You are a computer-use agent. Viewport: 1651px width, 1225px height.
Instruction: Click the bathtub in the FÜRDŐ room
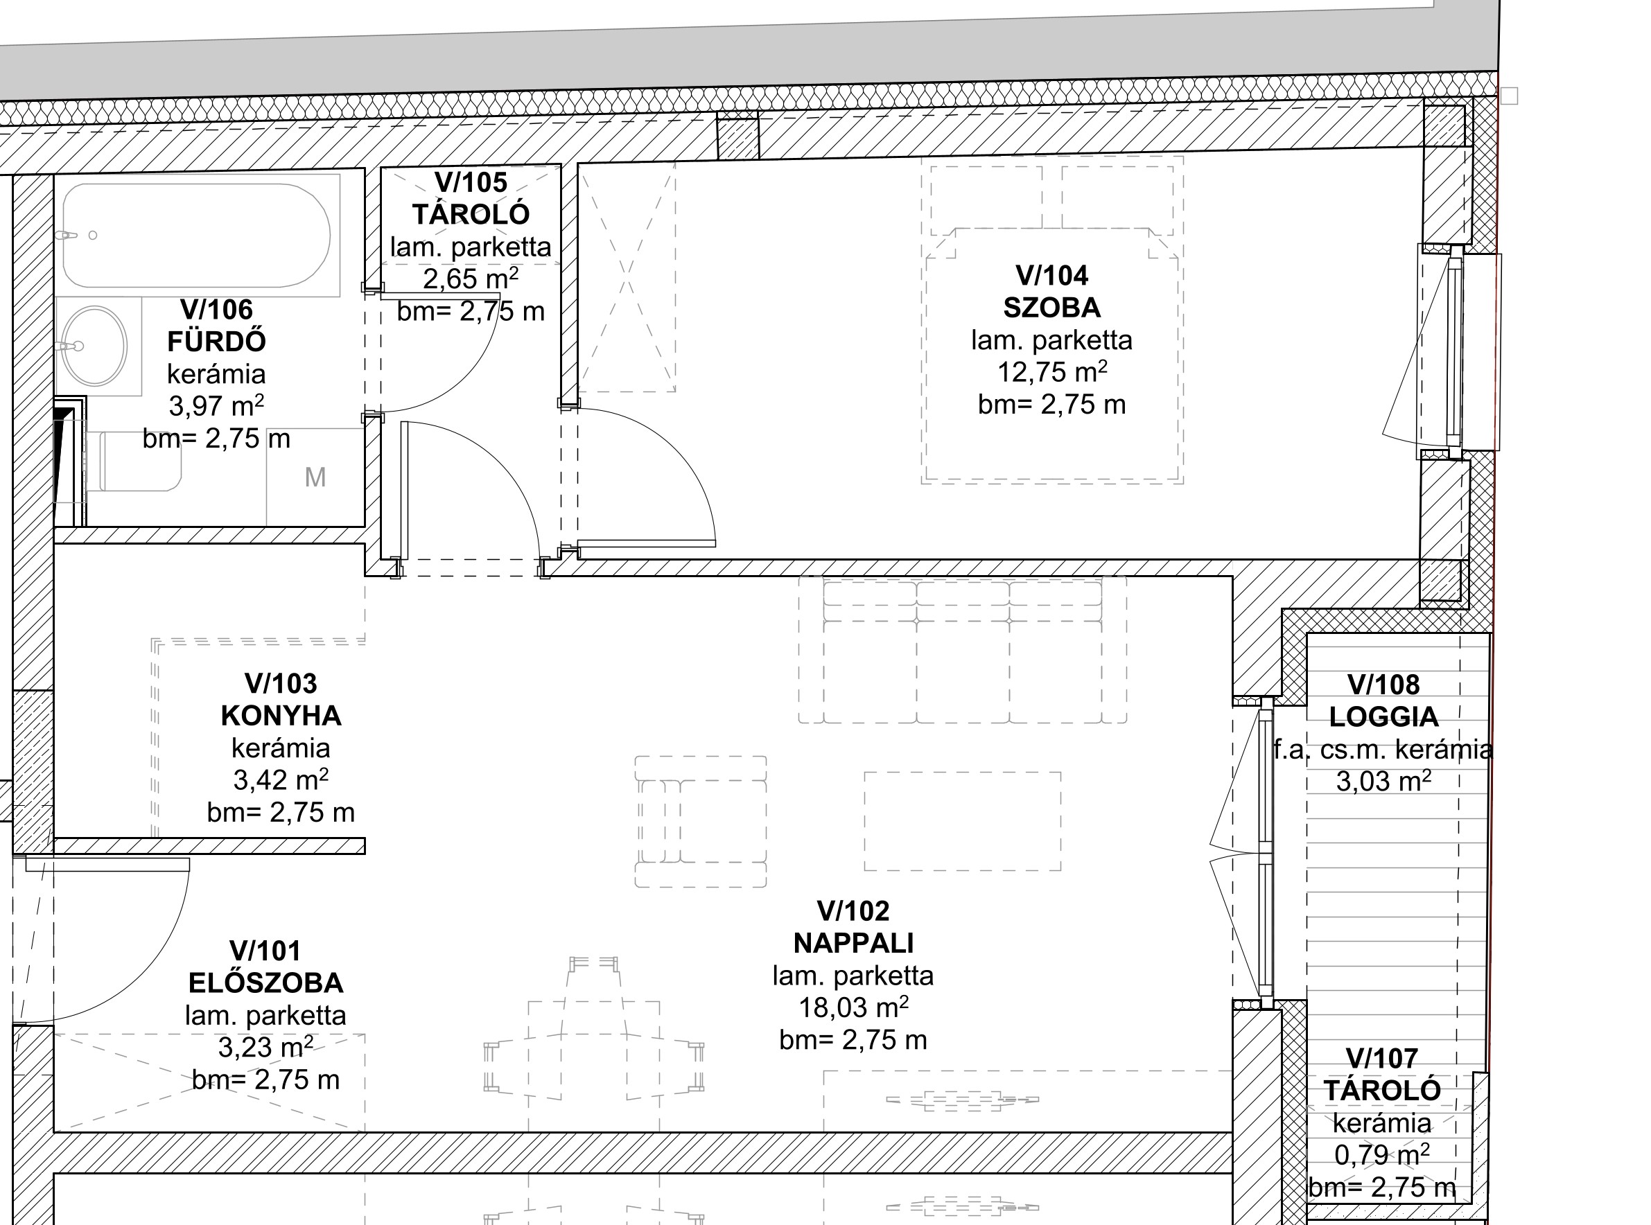click(x=198, y=236)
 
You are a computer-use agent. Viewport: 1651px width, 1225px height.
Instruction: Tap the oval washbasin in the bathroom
click(x=94, y=346)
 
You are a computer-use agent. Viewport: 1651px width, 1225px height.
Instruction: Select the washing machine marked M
click(x=315, y=477)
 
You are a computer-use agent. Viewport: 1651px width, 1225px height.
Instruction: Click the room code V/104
click(x=1051, y=276)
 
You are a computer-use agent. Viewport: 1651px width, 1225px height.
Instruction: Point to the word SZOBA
click(x=1051, y=308)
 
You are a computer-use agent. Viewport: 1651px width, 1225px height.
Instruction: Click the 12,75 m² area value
click(x=1051, y=371)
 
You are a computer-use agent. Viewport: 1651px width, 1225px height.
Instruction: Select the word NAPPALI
click(x=853, y=943)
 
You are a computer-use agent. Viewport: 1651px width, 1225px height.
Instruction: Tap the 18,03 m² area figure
click(x=853, y=1007)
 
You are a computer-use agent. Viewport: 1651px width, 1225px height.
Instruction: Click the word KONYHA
click(x=281, y=716)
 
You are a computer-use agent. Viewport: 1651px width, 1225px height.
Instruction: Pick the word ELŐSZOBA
click(x=265, y=983)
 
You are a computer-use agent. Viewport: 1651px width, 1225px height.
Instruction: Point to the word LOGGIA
click(x=1383, y=717)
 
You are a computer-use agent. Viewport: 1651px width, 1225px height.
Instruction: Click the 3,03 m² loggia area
click(x=1383, y=781)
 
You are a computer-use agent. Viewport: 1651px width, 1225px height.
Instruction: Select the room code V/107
click(x=1382, y=1058)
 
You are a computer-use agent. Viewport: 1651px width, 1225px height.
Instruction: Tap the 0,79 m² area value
click(x=1382, y=1154)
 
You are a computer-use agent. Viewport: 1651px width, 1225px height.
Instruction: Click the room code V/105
click(x=471, y=182)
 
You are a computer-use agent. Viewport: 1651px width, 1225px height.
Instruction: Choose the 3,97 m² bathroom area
click(x=216, y=405)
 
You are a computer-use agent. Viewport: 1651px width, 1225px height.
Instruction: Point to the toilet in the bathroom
click(x=134, y=461)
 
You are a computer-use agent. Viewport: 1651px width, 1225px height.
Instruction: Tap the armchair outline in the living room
click(x=700, y=822)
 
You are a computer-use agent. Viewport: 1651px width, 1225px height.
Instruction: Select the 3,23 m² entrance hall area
click(x=265, y=1047)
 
